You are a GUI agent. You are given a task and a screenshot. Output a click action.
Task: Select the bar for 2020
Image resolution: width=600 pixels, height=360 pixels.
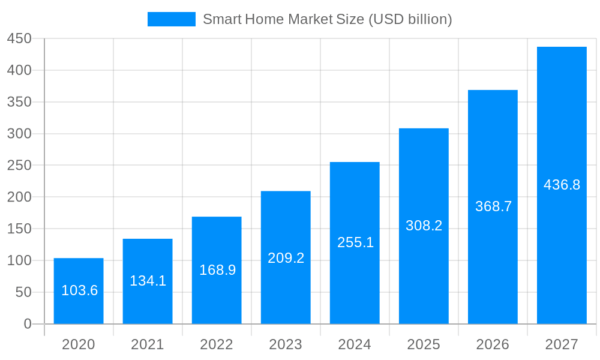(79, 291)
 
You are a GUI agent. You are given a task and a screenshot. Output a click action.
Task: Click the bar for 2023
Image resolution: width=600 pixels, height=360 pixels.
(286, 257)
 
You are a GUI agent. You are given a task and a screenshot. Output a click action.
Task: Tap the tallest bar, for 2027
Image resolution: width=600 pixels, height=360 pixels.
(562, 185)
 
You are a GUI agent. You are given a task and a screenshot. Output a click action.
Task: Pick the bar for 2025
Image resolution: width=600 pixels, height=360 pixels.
(424, 226)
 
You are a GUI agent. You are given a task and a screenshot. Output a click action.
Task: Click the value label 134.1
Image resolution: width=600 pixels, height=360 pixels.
(148, 281)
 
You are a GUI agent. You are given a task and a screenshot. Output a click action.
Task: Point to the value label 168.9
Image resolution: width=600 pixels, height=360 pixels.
(217, 270)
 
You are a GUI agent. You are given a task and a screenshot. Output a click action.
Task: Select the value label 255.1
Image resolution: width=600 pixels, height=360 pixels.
(355, 242)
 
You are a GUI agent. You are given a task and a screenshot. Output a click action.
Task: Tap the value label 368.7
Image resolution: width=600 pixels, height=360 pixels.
(493, 206)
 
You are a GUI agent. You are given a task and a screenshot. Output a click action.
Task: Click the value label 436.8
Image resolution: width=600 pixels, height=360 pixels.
(562, 185)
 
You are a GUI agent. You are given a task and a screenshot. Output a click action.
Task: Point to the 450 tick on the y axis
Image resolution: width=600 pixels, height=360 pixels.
(19, 38)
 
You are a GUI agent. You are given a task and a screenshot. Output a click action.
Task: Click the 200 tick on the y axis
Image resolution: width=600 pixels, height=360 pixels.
(19, 197)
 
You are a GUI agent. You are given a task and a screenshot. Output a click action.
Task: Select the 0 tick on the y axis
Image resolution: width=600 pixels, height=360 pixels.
(28, 324)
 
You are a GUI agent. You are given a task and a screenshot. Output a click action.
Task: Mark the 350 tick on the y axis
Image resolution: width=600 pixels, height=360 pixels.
(19, 102)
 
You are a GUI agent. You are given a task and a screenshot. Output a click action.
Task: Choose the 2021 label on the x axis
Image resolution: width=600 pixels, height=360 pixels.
(148, 344)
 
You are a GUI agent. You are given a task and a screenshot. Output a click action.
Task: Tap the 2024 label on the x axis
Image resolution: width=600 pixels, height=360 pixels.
(355, 344)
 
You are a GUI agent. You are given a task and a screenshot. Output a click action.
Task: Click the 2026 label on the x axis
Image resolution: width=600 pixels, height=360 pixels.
(493, 344)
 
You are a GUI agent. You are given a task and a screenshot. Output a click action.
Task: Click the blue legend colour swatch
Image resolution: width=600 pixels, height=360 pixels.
(172, 19)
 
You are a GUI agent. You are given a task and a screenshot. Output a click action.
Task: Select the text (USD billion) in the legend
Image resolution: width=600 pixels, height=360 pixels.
(410, 19)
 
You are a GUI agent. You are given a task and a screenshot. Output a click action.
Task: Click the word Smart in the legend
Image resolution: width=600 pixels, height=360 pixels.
(222, 19)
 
